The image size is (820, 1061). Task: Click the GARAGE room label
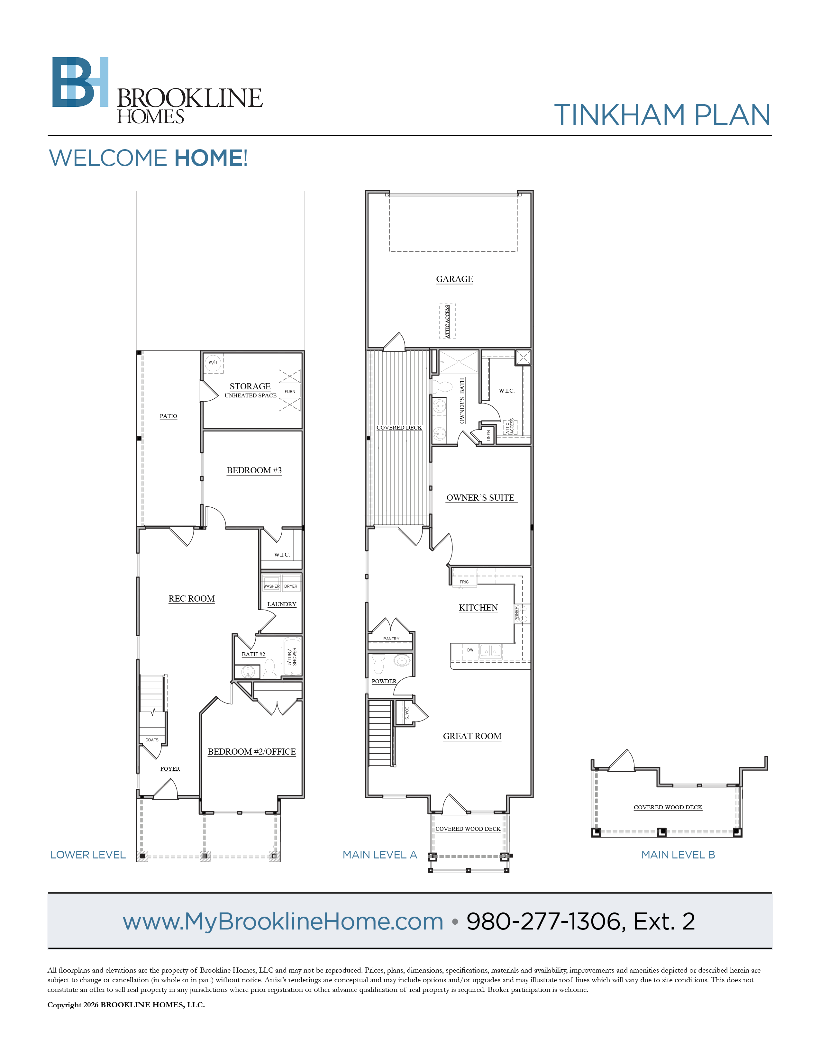pyautogui.click(x=454, y=279)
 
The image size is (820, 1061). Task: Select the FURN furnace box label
pyautogui.click(x=290, y=391)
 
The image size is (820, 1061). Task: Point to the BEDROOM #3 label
pyautogui.click(x=254, y=470)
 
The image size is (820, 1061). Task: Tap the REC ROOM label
pyautogui.click(x=191, y=599)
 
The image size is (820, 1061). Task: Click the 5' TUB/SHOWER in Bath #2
pyautogui.click(x=292, y=656)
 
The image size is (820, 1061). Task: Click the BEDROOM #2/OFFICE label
pyautogui.click(x=252, y=752)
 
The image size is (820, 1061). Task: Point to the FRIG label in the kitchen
pyautogui.click(x=464, y=582)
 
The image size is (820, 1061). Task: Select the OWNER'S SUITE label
pyautogui.click(x=480, y=497)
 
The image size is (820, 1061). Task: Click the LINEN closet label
pyautogui.click(x=489, y=435)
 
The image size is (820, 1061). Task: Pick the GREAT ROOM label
pyautogui.click(x=472, y=736)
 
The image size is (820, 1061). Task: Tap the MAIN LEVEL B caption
pyautogui.click(x=678, y=855)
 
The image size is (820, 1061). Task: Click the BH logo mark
pyautogui.click(x=80, y=82)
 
